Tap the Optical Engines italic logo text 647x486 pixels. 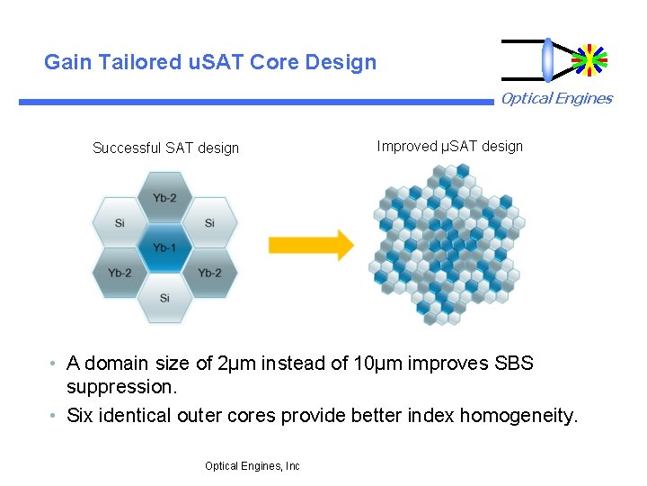pos(556,99)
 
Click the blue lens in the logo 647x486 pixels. pos(547,59)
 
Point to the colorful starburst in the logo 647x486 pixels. pos(589,59)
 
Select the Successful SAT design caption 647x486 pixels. pos(165,148)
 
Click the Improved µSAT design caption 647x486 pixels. pos(449,146)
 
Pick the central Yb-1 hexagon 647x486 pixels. pos(164,247)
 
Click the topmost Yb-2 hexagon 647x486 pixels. pos(164,198)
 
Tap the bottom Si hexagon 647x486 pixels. pos(164,297)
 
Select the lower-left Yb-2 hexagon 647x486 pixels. pos(120,273)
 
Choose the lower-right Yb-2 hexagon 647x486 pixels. pos(208,273)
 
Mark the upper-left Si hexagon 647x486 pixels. pos(120,223)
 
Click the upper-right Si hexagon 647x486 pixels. pos(208,223)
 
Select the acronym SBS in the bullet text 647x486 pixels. pos(514,364)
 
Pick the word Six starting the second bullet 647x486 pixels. pos(80,415)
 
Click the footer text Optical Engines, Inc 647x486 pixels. pos(252,466)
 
